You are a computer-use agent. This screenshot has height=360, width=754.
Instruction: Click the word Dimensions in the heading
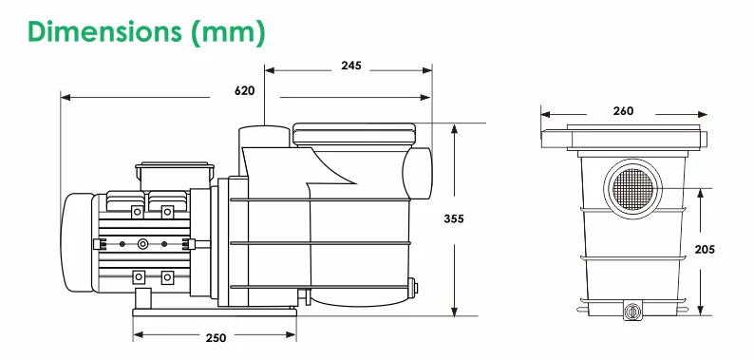(104, 31)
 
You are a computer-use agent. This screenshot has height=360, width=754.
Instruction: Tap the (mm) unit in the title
(229, 32)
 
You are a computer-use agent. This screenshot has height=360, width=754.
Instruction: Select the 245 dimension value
(351, 66)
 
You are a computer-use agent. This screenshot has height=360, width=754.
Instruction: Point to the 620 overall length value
(245, 90)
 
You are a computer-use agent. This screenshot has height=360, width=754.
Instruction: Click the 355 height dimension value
(454, 219)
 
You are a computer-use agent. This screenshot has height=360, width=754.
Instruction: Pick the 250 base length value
(216, 338)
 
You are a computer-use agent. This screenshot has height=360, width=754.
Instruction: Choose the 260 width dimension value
(623, 111)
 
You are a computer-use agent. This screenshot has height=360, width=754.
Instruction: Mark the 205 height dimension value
(705, 249)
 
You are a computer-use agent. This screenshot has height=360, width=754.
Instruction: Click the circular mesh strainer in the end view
(632, 189)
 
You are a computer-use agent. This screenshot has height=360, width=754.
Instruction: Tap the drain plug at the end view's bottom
(631, 311)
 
